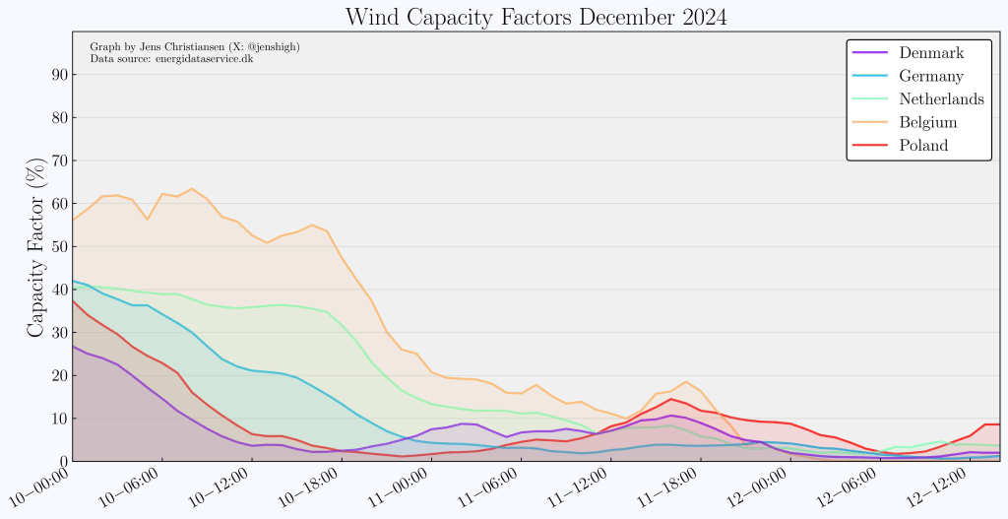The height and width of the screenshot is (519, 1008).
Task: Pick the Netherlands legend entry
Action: click(941, 98)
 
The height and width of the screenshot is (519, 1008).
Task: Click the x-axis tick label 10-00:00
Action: click(39, 487)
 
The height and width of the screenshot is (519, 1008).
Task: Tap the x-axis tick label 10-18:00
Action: click(305, 487)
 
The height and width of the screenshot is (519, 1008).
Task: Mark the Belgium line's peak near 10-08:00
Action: click(192, 189)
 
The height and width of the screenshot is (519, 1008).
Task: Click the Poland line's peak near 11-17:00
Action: click(670, 399)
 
